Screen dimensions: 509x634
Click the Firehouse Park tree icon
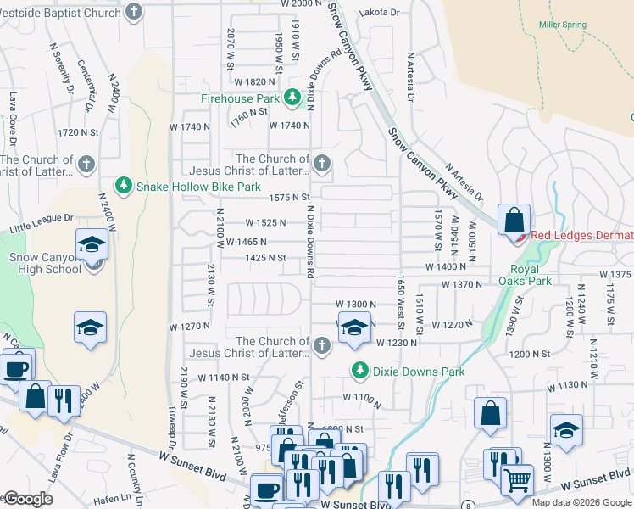pos(292,99)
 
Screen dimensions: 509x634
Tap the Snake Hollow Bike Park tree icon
pos(124,186)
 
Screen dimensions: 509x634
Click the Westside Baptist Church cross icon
pos(134,13)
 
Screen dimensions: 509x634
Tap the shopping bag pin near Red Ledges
pos(514,221)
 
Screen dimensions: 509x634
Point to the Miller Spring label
pos(562,25)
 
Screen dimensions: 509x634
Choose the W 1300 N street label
pos(355,304)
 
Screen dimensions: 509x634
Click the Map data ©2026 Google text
pos(581,502)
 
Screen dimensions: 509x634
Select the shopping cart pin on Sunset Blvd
pos(517,480)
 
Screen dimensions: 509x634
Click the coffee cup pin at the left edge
pos(15,368)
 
